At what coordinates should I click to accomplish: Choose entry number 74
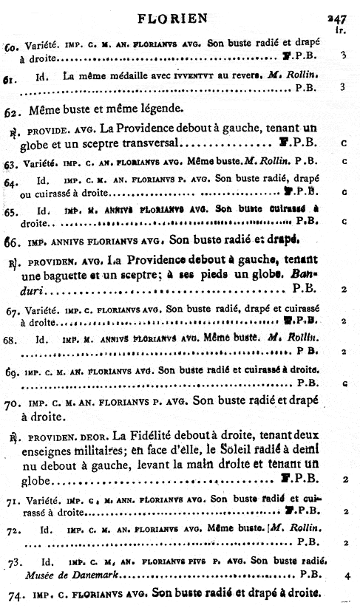point(12,595)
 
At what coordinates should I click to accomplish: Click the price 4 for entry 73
point(345,574)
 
